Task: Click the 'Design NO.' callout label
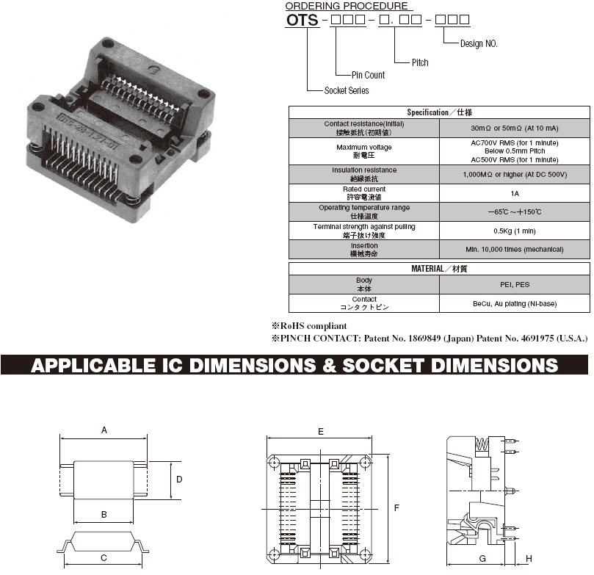479,44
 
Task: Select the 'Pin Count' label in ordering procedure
368,75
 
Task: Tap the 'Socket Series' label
347,90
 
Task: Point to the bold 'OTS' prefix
302,20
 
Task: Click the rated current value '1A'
515,194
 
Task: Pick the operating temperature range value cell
515,212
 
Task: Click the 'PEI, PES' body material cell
515,284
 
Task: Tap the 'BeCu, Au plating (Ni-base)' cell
515,304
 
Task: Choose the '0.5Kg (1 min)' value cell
515,231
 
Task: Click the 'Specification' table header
439,112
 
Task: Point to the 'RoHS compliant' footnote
309,326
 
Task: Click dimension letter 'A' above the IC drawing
104,430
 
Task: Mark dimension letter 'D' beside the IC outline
179,479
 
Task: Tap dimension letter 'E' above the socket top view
320,432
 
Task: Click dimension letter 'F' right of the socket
396,507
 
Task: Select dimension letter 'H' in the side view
529,558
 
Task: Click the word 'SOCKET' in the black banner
383,365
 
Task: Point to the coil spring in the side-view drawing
482,444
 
